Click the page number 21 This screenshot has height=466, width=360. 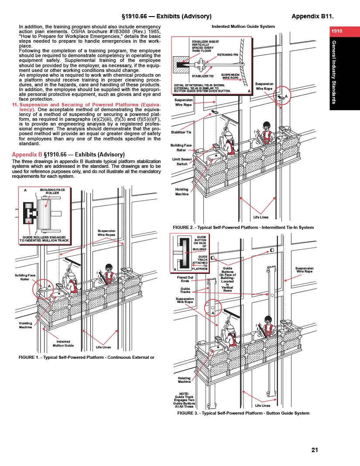[315, 450]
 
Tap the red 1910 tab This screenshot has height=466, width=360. [336, 31]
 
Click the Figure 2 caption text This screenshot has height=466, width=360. [243, 227]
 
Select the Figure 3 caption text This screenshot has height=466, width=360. [243, 413]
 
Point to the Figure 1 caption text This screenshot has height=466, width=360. [86, 357]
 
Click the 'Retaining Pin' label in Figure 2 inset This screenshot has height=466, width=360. [227, 55]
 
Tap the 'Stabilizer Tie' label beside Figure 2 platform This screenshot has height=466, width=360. [181, 132]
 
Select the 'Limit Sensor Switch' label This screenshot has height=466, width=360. [182, 162]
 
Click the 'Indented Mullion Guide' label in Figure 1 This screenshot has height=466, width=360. [63, 344]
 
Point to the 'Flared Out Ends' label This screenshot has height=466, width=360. [185, 279]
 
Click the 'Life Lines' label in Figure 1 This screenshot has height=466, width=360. [103, 347]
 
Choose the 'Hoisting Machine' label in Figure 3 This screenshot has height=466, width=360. [184, 380]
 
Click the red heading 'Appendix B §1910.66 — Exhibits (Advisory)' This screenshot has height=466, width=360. [69, 154]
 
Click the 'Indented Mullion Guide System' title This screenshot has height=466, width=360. [243, 27]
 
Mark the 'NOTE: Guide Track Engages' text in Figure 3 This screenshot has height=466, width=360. [184, 400]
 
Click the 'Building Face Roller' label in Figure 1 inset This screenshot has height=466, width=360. [52, 192]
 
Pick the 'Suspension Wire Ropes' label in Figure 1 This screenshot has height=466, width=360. [106, 233]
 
